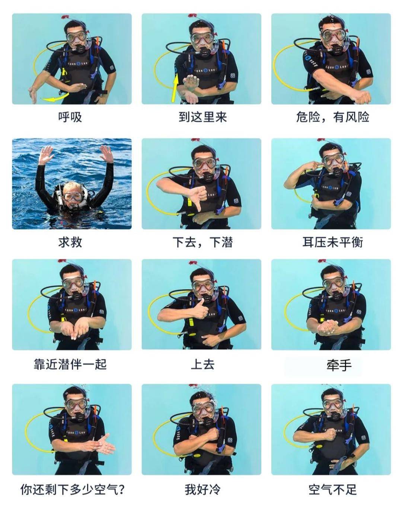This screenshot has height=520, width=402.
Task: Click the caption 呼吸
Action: [x=70, y=118]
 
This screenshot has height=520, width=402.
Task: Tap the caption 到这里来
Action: [x=202, y=118]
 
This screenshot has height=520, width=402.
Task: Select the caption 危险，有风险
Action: [x=332, y=118]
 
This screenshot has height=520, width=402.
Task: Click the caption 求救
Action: [x=70, y=243]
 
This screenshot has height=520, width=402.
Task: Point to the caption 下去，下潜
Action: [x=202, y=243]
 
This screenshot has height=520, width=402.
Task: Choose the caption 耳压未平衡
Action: [x=332, y=243]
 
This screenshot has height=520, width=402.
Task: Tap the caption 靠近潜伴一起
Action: [x=70, y=364]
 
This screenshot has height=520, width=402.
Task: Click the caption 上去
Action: [x=202, y=364]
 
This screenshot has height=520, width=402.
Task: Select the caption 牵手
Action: [x=339, y=365]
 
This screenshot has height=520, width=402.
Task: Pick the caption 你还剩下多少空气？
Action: [x=72, y=489]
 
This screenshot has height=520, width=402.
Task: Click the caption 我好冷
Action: [x=202, y=489]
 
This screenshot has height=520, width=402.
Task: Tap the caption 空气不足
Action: [x=332, y=489]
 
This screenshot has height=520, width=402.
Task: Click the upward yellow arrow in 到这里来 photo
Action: [x=175, y=88]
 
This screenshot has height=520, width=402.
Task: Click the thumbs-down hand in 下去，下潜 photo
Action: [x=197, y=195]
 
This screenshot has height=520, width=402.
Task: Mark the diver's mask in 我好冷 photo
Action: [x=203, y=408]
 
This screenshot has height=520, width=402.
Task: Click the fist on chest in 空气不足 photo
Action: [x=329, y=434]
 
